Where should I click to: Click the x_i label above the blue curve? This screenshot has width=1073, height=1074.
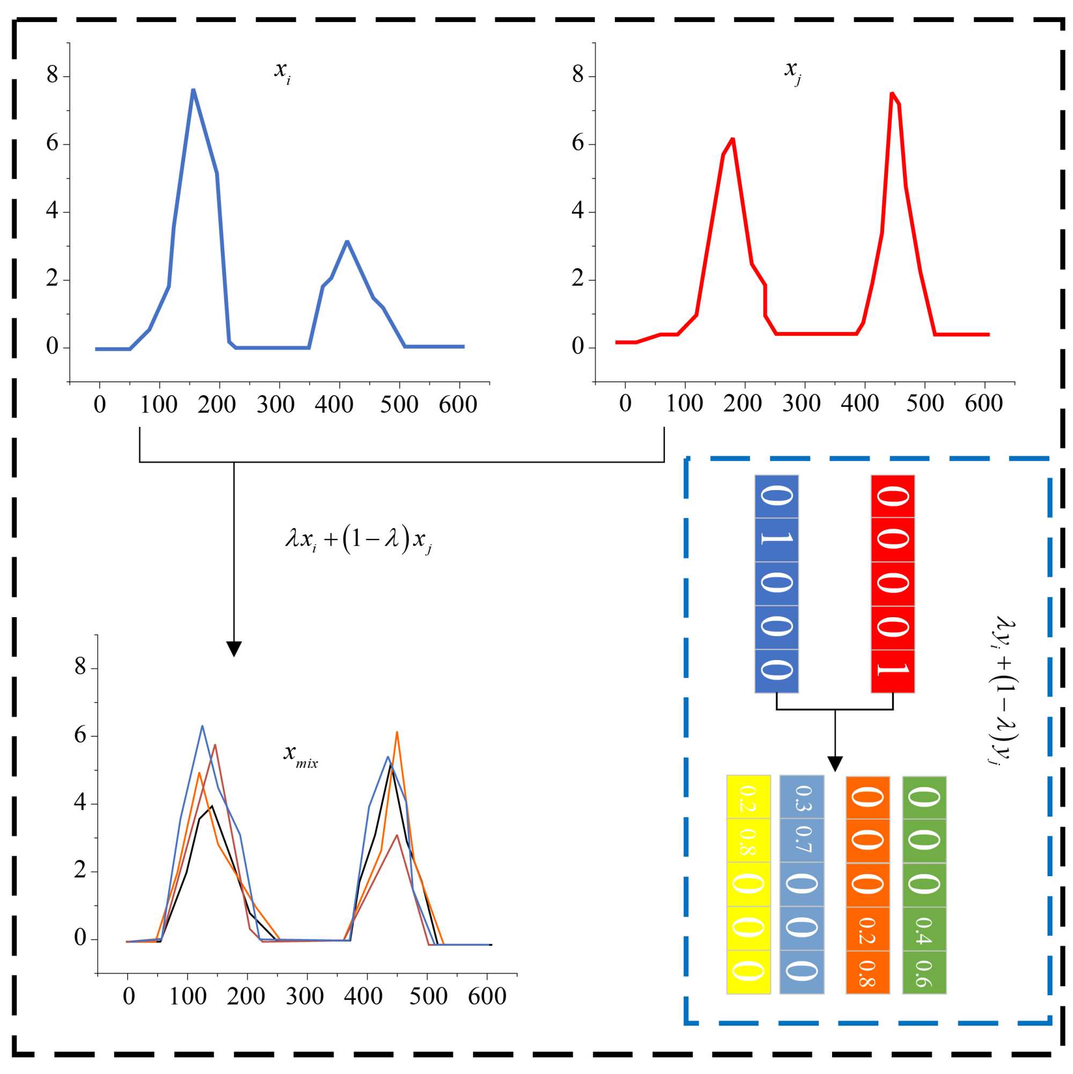click(x=282, y=72)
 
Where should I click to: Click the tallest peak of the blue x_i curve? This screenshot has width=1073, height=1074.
click(x=193, y=90)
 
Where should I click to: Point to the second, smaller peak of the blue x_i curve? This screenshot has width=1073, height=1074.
click(x=347, y=241)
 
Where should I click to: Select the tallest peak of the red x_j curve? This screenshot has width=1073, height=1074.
click(x=892, y=93)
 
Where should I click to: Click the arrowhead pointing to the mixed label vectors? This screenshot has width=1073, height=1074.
click(x=834, y=763)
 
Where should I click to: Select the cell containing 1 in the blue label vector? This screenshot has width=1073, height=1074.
click(x=776, y=540)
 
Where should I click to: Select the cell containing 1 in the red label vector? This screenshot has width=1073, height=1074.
click(x=892, y=671)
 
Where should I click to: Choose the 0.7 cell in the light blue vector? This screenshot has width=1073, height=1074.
click(x=802, y=841)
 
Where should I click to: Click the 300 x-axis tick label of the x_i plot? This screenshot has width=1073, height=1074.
click(x=275, y=405)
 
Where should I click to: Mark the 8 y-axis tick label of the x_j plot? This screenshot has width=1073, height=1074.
click(x=577, y=75)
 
